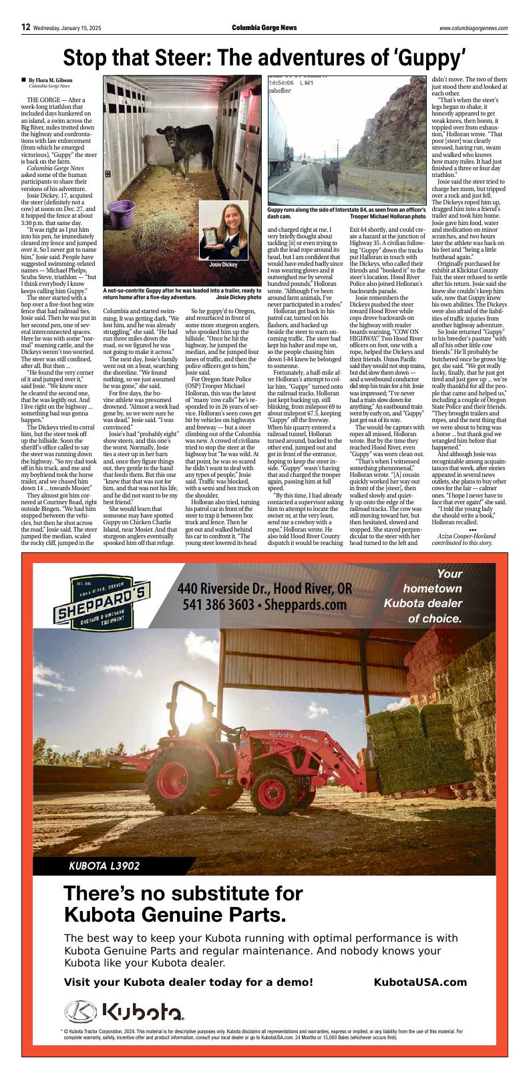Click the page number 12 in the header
[26, 27]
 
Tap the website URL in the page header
[473, 28]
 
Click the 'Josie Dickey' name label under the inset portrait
[223, 264]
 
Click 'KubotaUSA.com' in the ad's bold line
[420, 982]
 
